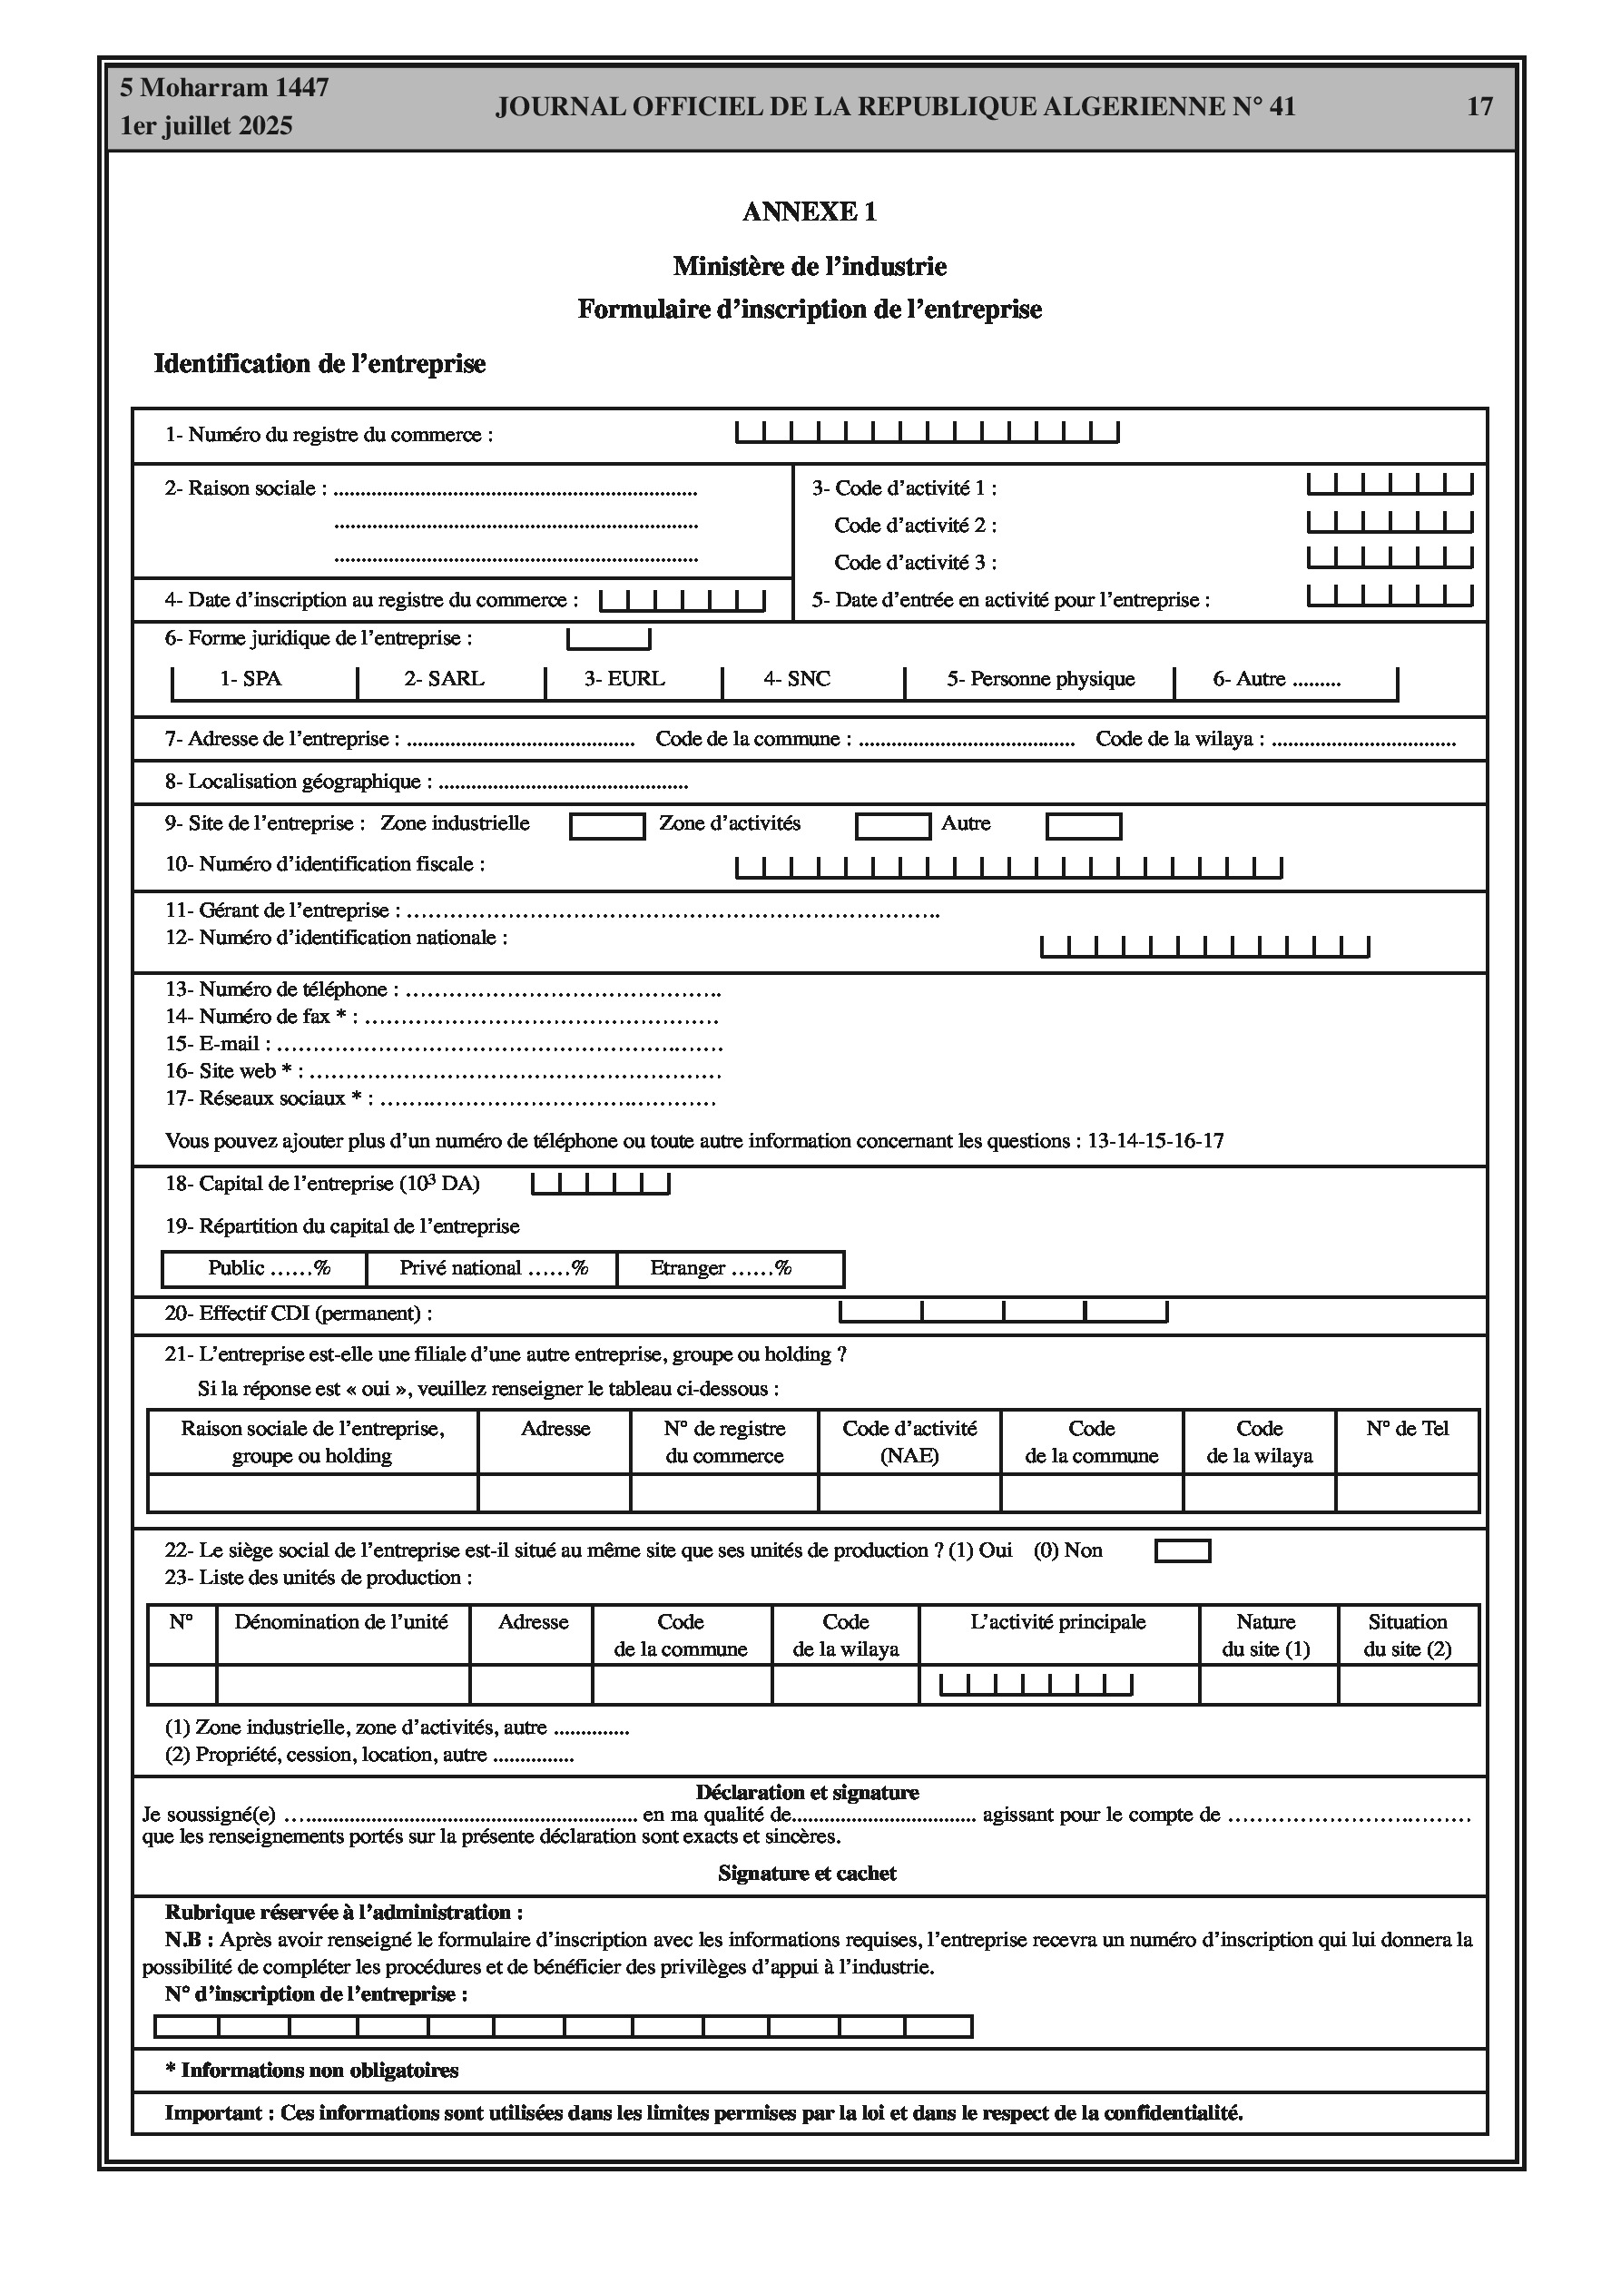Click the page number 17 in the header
(x=1479, y=107)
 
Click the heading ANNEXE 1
(x=809, y=212)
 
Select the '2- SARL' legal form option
(x=445, y=679)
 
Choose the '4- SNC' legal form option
(x=797, y=679)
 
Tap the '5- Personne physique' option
(x=1041, y=679)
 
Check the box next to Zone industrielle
(x=606, y=827)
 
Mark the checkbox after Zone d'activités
(x=893, y=827)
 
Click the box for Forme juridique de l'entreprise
(x=608, y=639)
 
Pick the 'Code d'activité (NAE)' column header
(x=909, y=1442)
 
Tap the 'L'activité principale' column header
(x=1057, y=1622)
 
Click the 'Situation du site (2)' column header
(x=1408, y=1635)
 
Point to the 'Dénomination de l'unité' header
(x=341, y=1622)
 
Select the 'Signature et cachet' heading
(x=807, y=1874)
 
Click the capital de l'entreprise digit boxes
(x=600, y=1185)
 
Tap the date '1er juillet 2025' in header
(x=207, y=126)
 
